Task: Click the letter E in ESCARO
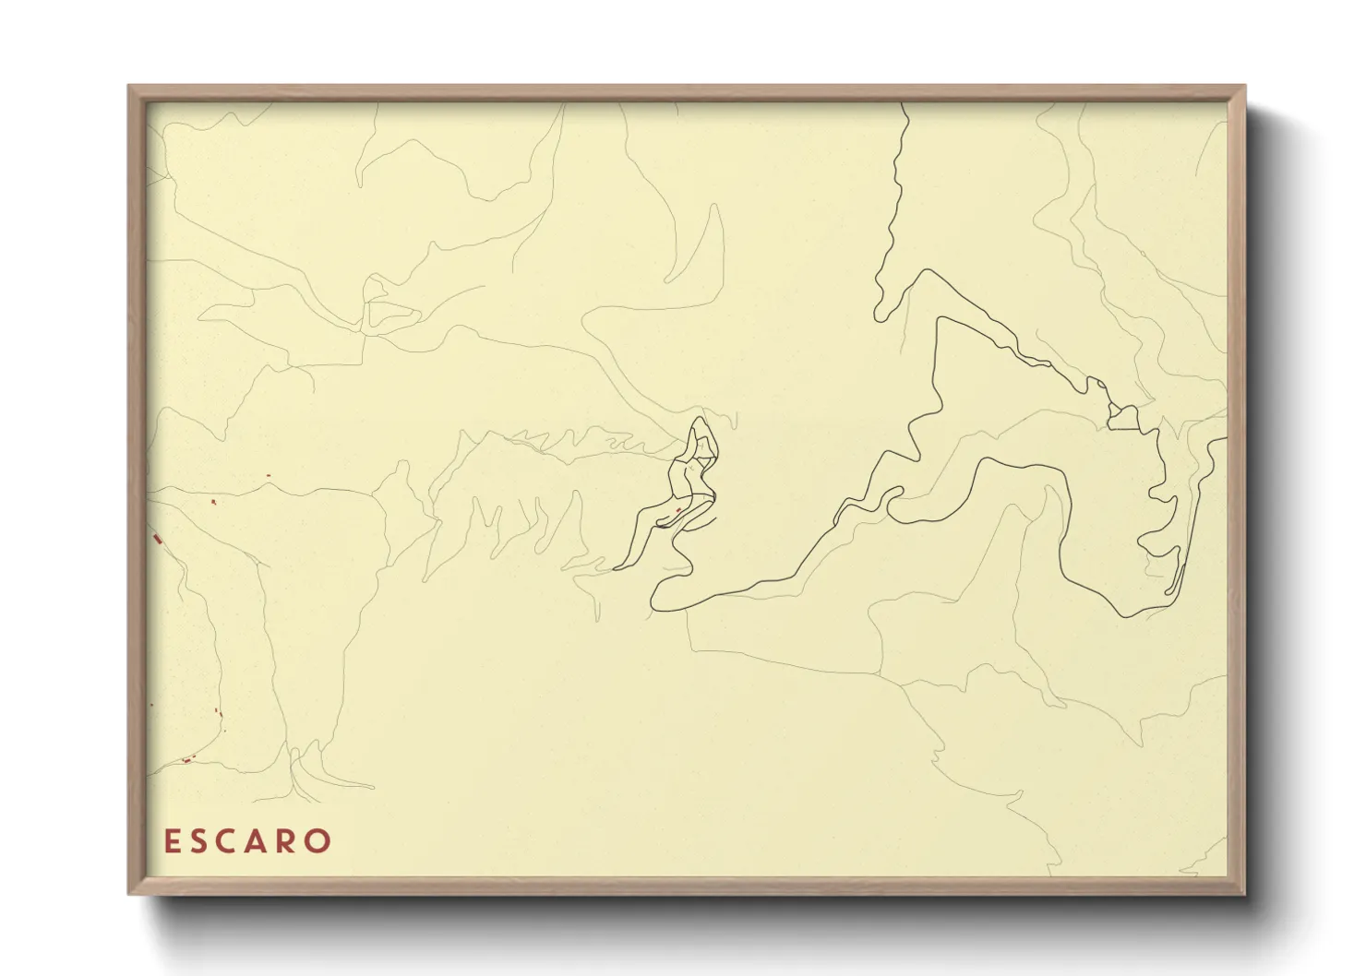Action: [171, 841]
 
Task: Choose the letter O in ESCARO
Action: [318, 841]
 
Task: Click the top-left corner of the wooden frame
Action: [129, 87]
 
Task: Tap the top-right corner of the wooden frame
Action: [1245, 87]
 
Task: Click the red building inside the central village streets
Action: [678, 509]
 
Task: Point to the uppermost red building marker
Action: [268, 475]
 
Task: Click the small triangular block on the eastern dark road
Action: [1124, 417]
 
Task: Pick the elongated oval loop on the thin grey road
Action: [391, 315]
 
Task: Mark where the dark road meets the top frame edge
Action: [904, 104]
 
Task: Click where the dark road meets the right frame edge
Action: [1225, 439]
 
